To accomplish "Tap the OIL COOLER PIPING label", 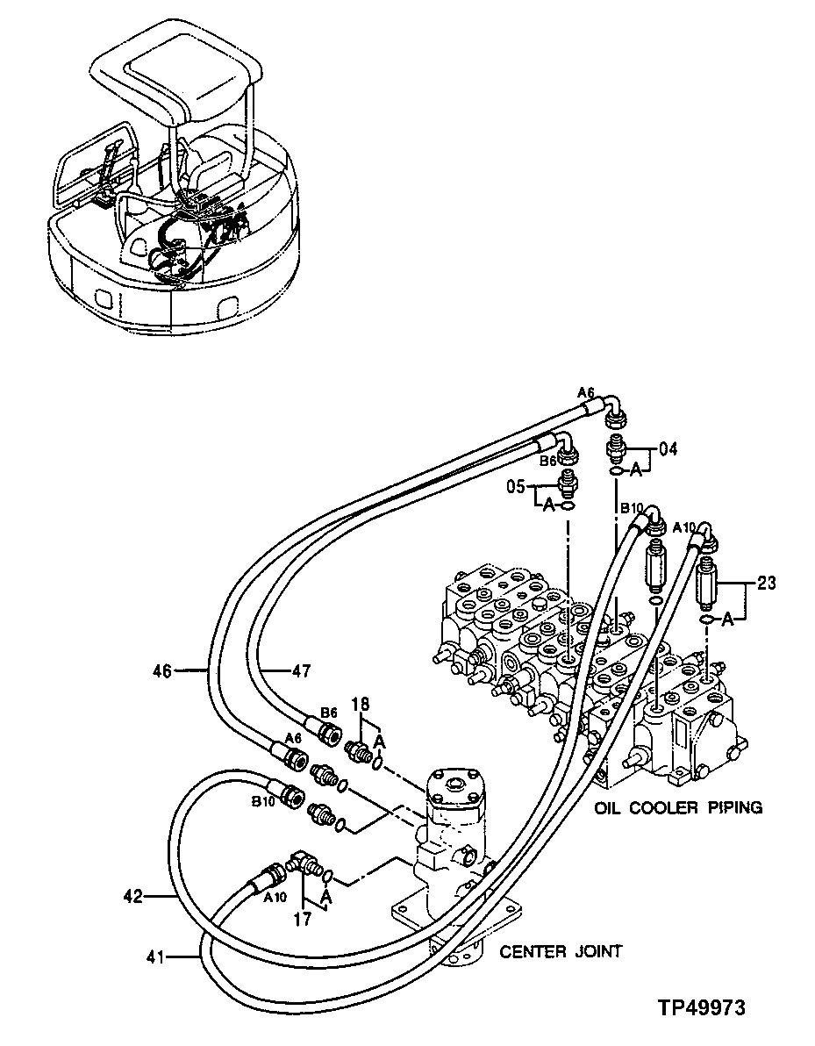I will click(678, 807).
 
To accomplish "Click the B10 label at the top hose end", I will click(633, 508).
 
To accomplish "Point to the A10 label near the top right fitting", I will click(684, 527).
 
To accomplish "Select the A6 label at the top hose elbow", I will click(586, 390).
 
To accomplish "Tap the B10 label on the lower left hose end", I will click(264, 801).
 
